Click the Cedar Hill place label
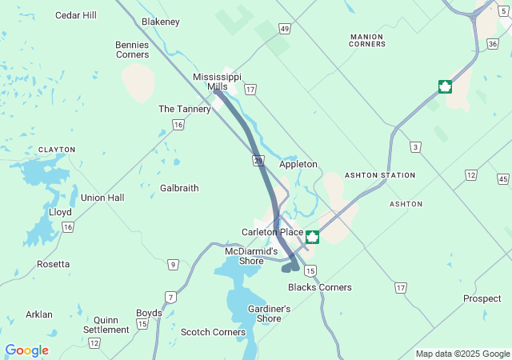pyautogui.click(x=75, y=15)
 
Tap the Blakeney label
pyautogui.click(x=160, y=22)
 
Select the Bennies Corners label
pyautogui.click(x=132, y=50)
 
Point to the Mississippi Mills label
pyautogui.click(x=217, y=82)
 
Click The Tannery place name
pyautogui.click(x=184, y=109)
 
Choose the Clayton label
pyautogui.click(x=57, y=150)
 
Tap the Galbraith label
pyautogui.click(x=179, y=188)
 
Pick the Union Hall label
pyautogui.click(x=102, y=198)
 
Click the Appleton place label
pyautogui.click(x=298, y=165)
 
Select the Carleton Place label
pyautogui.click(x=272, y=232)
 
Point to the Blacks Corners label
pyautogui.click(x=319, y=287)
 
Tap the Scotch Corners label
pyautogui.click(x=213, y=332)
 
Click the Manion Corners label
pyautogui.click(x=367, y=40)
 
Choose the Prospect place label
pyautogui.click(x=482, y=298)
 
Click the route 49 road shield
pyautogui.click(x=285, y=29)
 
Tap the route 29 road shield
pyautogui.click(x=258, y=161)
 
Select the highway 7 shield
pyautogui.click(x=170, y=297)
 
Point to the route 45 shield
pyautogui.click(x=502, y=178)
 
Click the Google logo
pyautogui.click(x=26, y=350)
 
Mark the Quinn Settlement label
pyautogui.click(x=106, y=324)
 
